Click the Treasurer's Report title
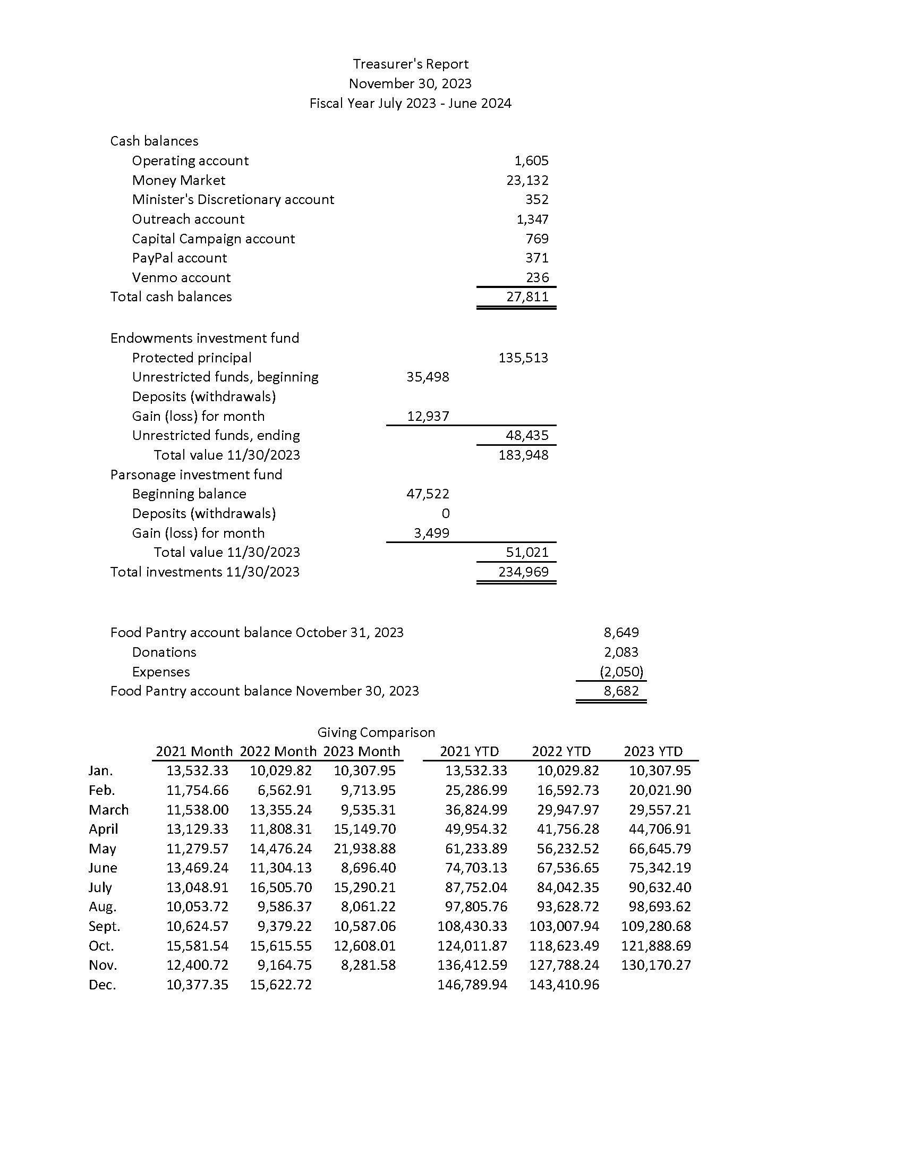click(x=410, y=64)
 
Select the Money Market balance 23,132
click(x=527, y=180)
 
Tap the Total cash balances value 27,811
click(x=527, y=297)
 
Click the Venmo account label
click(x=181, y=278)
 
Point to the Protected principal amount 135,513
click(x=523, y=358)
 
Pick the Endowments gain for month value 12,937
click(x=428, y=416)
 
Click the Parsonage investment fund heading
click(x=196, y=475)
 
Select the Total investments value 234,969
click(x=523, y=572)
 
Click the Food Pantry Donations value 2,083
click(x=621, y=652)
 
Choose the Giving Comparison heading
click(x=376, y=732)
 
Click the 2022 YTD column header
click(x=561, y=751)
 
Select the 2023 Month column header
click(x=362, y=751)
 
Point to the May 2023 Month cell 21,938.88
click(x=365, y=849)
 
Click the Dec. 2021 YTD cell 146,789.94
click(x=472, y=985)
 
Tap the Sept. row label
click(x=104, y=927)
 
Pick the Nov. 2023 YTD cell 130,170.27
click(x=656, y=965)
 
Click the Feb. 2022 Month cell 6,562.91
click(x=285, y=791)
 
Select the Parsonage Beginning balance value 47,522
click(x=428, y=494)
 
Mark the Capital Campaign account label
click(x=214, y=239)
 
